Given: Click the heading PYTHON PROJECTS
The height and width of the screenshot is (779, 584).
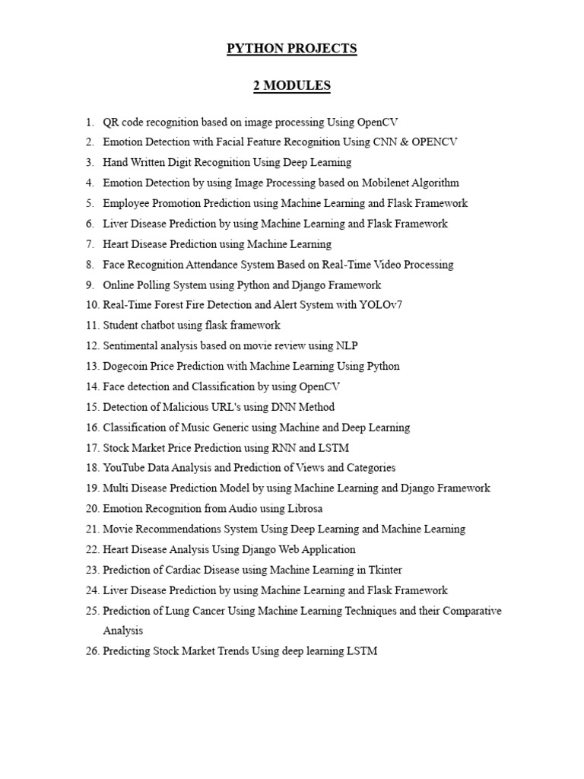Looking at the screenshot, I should pyautogui.click(x=292, y=49).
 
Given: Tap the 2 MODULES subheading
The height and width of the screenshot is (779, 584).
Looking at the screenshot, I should pyautogui.click(x=292, y=86).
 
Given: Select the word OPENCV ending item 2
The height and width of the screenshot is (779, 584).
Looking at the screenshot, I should pyautogui.click(x=435, y=142).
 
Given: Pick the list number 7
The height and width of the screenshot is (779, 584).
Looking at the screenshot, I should pyautogui.click(x=90, y=244).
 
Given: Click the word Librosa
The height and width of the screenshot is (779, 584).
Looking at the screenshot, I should pyautogui.click(x=293, y=508).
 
